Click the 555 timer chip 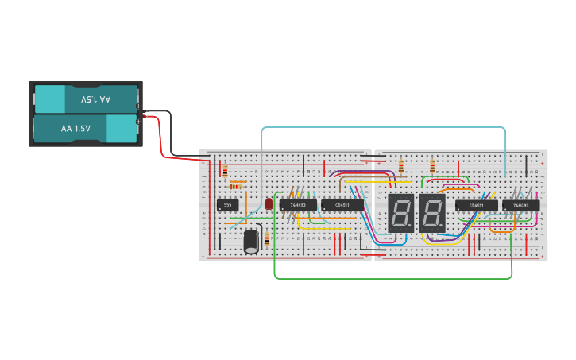tap(228, 204)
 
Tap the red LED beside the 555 tap(269, 204)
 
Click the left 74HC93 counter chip tap(298, 204)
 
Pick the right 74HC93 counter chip tap(520, 205)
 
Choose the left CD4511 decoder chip tap(342, 204)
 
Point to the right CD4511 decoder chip tap(477, 205)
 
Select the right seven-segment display tap(432, 213)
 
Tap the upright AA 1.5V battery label tap(76, 128)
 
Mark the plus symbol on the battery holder tap(139, 122)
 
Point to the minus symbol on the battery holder tap(139, 106)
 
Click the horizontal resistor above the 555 tap(236, 186)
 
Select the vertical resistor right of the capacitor tap(267, 238)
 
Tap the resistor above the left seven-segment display tap(401, 167)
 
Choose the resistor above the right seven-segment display tap(432, 167)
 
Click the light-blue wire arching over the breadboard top tap(381, 127)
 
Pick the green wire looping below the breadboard tap(389, 278)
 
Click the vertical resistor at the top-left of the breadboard tap(225, 171)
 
